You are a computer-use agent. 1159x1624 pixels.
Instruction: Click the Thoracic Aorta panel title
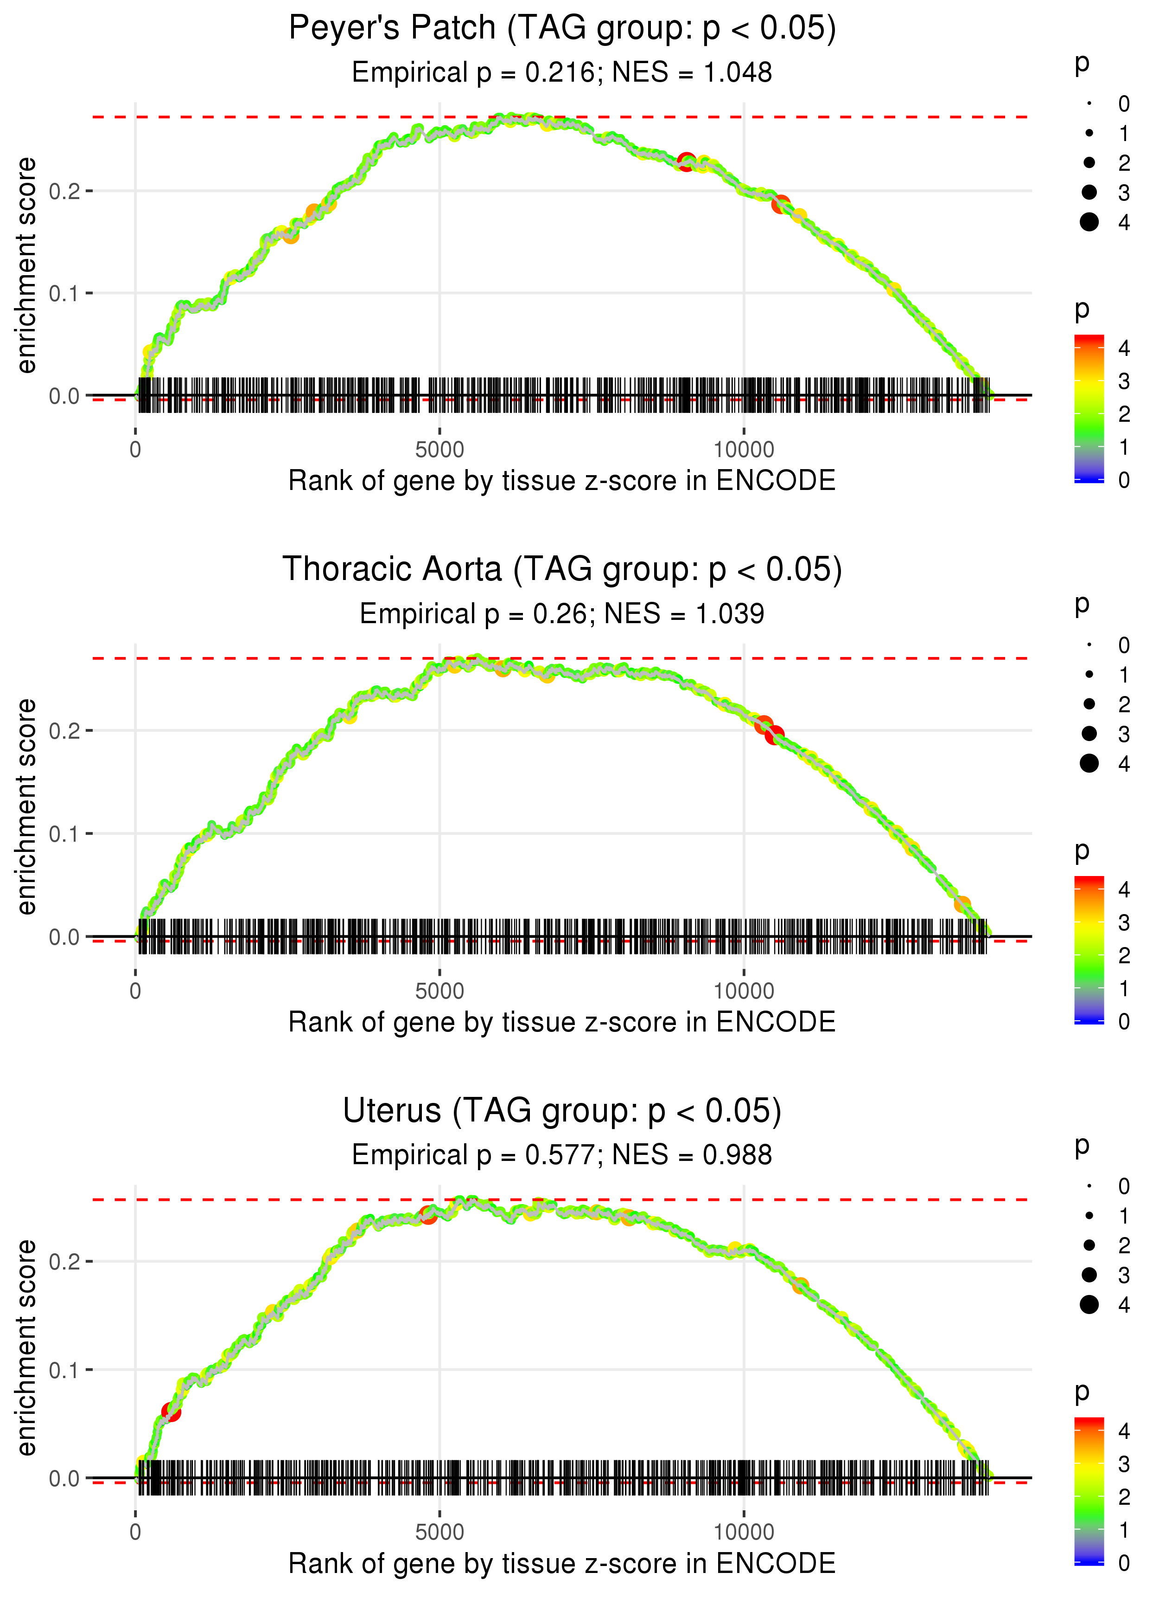tap(562, 570)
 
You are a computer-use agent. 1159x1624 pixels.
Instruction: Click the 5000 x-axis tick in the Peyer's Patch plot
tap(439, 450)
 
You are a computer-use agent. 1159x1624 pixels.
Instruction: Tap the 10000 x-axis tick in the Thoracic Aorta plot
tap(743, 991)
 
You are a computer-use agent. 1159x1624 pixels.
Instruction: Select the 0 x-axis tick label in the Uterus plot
tap(135, 1533)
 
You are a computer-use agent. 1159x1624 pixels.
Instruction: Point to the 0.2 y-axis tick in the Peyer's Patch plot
tap(64, 191)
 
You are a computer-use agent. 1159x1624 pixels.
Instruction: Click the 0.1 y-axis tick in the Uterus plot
tap(64, 1370)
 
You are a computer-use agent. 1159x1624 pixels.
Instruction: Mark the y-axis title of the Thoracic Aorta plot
tap(26, 806)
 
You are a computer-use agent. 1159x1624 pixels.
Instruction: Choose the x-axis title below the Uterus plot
tap(562, 1563)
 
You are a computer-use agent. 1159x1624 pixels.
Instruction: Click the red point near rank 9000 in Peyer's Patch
tap(687, 161)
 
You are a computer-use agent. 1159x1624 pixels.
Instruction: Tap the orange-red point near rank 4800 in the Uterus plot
tap(428, 1214)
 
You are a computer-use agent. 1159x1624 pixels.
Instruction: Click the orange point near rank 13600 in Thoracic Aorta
tap(962, 904)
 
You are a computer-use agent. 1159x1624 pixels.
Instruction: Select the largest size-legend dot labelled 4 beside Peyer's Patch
tap(1089, 222)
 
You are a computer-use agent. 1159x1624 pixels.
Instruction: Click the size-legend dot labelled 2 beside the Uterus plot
tap(1089, 1245)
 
